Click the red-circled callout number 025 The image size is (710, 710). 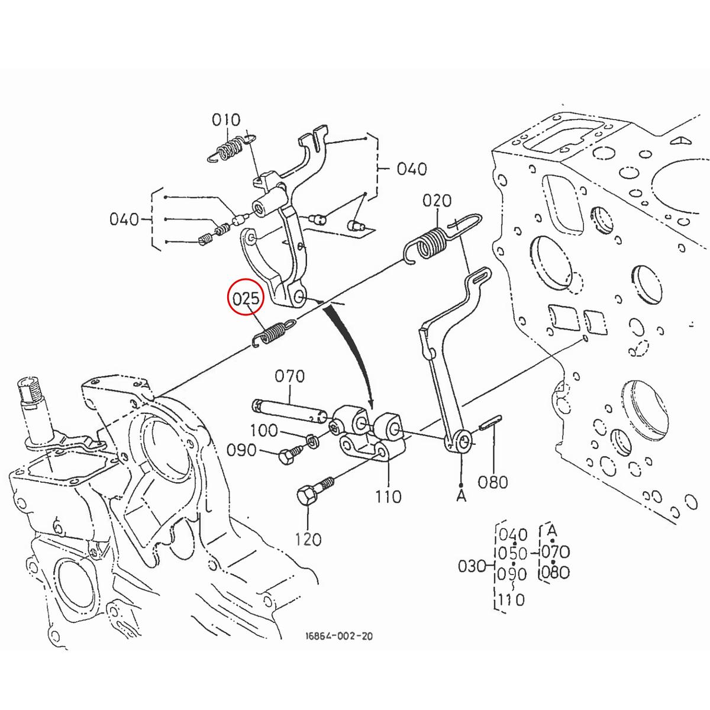point(246,299)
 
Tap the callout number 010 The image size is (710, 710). point(226,120)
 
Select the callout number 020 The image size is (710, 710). point(437,201)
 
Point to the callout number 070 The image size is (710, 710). point(289,376)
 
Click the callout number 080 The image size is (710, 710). point(493,482)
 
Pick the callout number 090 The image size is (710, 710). point(241,451)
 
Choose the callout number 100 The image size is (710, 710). point(263,430)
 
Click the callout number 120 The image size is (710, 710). point(308,539)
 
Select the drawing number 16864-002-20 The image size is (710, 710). point(339,637)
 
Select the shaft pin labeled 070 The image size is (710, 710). point(287,410)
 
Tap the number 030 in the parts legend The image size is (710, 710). point(473,566)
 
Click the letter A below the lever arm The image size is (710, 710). point(461,495)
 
